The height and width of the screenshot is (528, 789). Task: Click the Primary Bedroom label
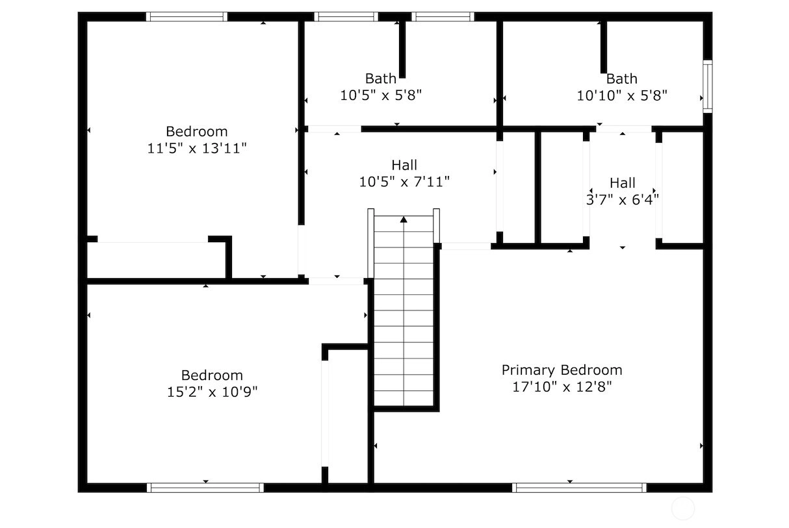pos(562,370)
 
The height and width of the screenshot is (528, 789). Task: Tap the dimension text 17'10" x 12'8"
pos(562,387)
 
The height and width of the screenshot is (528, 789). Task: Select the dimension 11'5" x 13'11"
pos(197,148)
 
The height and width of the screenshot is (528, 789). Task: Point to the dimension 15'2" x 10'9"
pos(212,392)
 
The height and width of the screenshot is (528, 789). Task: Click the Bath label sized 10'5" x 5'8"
pos(381,79)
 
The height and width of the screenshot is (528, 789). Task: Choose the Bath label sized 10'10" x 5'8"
pos(622,79)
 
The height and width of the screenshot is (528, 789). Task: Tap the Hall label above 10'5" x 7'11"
pos(404,165)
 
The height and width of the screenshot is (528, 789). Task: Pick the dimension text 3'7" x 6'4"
pos(623,200)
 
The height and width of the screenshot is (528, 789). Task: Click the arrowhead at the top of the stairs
pos(404,220)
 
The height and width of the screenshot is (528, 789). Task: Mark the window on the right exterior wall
pos(708,86)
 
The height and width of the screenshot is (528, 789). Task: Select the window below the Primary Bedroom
pos(580,488)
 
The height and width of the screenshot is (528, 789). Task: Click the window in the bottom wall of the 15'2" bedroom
pos(205,488)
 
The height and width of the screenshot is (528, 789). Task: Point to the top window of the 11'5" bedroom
pos(187,16)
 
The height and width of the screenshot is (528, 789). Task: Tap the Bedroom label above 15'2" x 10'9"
pos(212,375)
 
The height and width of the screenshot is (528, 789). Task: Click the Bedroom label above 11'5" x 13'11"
pos(197,132)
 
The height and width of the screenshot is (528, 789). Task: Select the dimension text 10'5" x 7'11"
pos(404,182)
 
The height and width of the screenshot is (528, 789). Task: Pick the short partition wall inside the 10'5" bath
pos(402,49)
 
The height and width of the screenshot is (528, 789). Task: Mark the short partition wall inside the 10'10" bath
pos(603,47)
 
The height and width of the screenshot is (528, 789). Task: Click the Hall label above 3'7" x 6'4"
pos(623,183)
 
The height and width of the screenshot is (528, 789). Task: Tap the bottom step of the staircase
pos(404,398)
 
